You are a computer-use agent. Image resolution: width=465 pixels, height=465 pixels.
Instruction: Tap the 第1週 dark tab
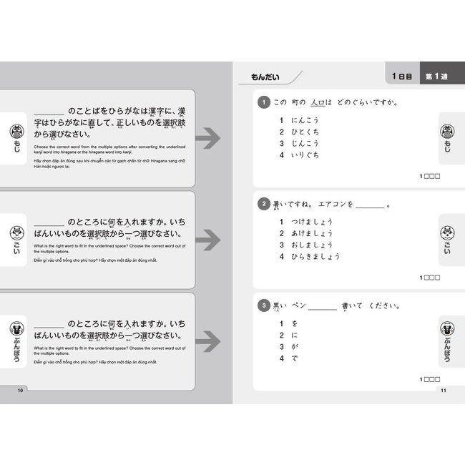point(438,77)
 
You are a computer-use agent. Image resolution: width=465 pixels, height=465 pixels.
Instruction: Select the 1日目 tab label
point(401,77)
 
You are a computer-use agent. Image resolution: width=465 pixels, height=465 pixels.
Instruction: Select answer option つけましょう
point(312,221)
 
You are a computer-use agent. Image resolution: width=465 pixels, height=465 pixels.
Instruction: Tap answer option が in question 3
point(294,346)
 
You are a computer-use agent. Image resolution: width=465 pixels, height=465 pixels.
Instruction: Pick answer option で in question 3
point(294,358)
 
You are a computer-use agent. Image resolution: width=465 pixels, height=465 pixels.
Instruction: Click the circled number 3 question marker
point(264,307)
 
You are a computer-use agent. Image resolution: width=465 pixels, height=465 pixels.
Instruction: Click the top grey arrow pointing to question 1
point(208,139)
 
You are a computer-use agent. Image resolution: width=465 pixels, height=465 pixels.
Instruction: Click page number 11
point(444,390)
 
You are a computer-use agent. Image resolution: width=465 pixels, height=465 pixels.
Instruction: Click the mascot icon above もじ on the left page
point(16,132)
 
